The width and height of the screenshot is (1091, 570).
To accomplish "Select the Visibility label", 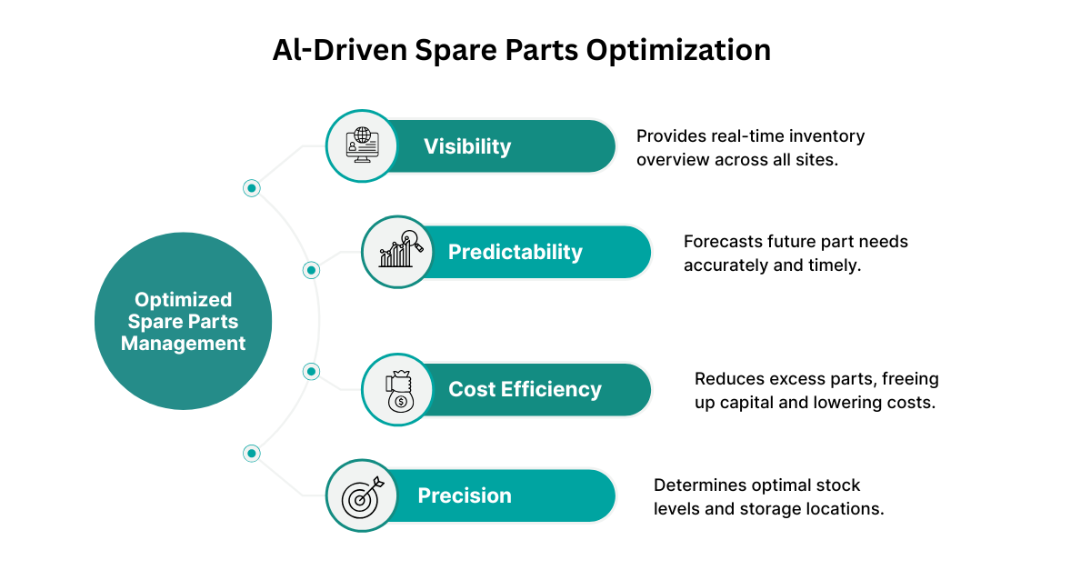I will pos(467,146).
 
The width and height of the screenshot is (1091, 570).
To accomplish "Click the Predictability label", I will pos(515,252).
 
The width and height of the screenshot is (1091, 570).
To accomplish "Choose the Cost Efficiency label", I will pos(525,390).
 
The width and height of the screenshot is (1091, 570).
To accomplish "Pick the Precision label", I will pos(465,495).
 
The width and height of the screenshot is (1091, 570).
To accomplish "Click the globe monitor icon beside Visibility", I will pos(362,146).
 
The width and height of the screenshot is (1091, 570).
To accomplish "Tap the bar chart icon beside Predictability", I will pos(398,252).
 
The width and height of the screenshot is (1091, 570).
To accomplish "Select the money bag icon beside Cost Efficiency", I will pos(398,390).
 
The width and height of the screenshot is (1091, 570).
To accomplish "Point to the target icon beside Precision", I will pos(362,495).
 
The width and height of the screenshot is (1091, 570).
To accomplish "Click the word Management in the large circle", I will pos(183,344).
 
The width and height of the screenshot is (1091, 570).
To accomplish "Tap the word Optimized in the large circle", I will pos(183,299).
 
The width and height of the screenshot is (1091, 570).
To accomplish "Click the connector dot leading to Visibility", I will pos(252,188).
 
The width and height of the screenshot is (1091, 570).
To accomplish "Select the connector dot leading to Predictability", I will pos(311,270).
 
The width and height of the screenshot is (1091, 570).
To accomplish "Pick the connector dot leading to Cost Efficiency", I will pos(311,371).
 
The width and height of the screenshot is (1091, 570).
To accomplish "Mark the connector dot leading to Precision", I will pos(252,453).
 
